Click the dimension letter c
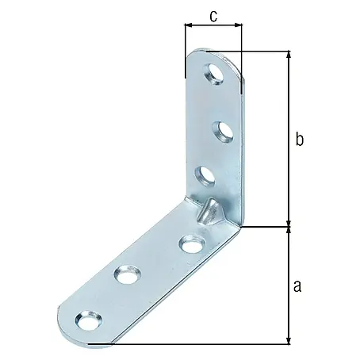click(x=213, y=16)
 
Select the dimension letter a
click(x=297, y=286)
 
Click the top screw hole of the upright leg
click(x=213, y=74)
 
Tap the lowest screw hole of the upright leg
click(x=205, y=177)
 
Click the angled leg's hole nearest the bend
click(x=192, y=243)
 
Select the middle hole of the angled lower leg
click(x=127, y=274)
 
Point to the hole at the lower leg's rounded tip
click(x=88, y=320)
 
